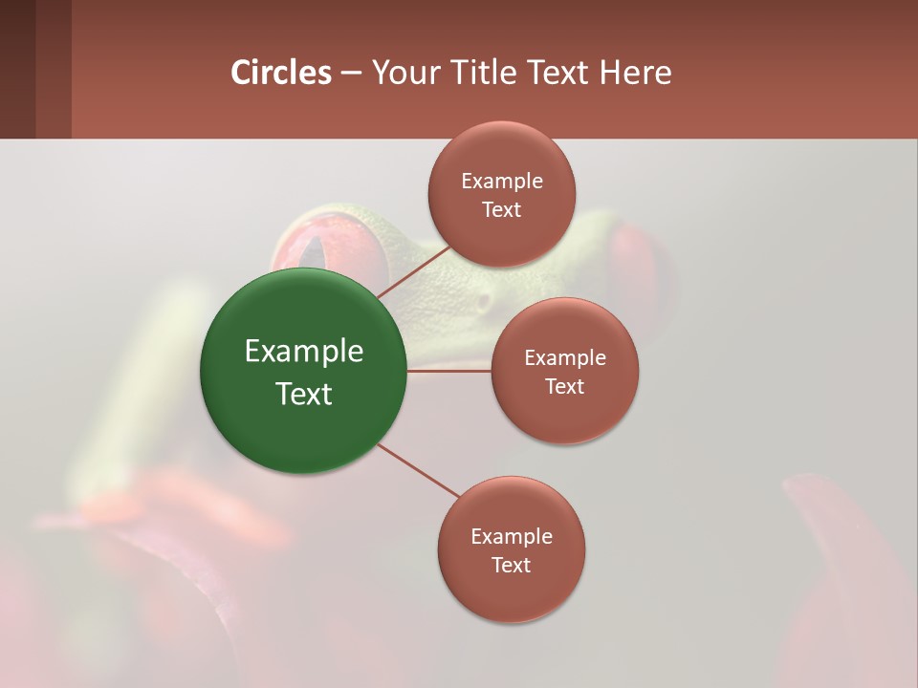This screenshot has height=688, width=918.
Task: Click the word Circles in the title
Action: coord(281,73)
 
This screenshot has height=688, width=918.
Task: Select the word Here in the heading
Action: coord(635,73)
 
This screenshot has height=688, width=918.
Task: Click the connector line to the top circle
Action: coord(414,272)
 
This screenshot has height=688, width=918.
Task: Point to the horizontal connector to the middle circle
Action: coord(449,371)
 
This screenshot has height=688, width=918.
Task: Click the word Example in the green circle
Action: coord(304,352)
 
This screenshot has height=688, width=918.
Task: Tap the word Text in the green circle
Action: coord(304,394)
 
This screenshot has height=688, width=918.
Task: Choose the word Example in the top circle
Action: coord(502,182)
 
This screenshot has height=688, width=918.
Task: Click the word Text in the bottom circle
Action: coord(511,566)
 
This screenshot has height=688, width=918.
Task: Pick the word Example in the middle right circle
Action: coord(565,358)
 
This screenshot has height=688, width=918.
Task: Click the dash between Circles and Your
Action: coord(351,73)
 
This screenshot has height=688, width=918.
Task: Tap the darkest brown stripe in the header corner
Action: coord(17,69)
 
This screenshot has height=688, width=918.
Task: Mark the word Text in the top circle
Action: coord(502,210)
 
